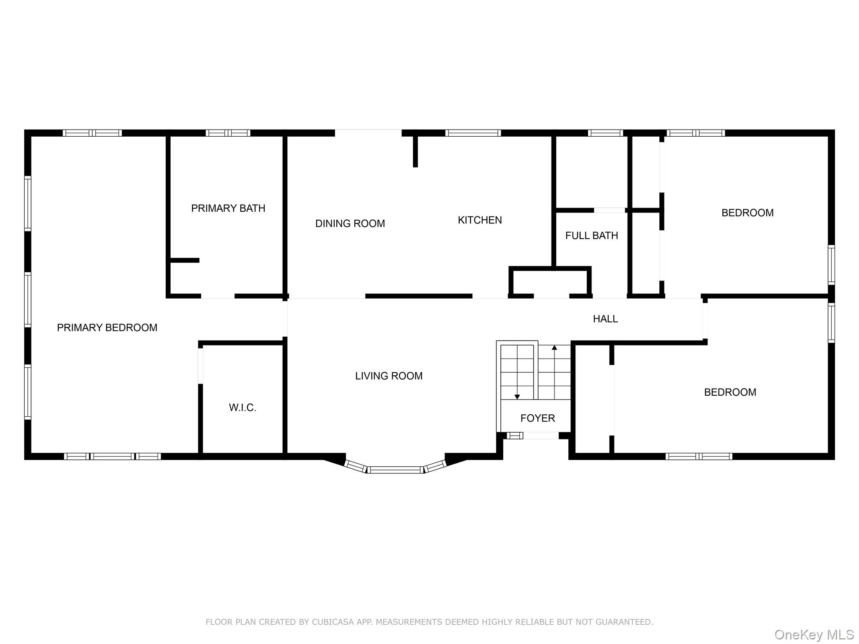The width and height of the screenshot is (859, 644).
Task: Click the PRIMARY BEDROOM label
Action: pyautogui.click(x=107, y=327)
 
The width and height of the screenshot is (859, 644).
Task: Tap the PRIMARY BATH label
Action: pyautogui.click(x=228, y=208)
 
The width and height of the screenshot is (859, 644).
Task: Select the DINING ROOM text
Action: pyautogui.click(x=350, y=223)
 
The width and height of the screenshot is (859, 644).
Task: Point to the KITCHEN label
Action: pyautogui.click(x=479, y=220)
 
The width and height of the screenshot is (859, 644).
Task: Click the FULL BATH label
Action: pyautogui.click(x=591, y=236)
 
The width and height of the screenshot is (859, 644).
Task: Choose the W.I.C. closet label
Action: pyautogui.click(x=242, y=408)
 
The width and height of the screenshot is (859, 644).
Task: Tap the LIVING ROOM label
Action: pyautogui.click(x=388, y=376)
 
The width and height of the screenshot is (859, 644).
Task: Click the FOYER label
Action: pyautogui.click(x=537, y=418)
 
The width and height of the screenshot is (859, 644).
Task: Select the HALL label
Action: pyautogui.click(x=605, y=319)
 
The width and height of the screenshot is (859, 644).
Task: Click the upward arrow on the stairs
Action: pyautogui.click(x=554, y=348)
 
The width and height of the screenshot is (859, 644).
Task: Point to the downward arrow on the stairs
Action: pyautogui.click(x=517, y=397)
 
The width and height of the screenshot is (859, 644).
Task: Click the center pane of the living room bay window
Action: pyautogui.click(x=396, y=470)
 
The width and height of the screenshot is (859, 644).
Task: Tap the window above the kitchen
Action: pyautogui.click(x=473, y=133)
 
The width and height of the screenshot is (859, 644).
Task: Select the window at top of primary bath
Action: pyautogui.click(x=228, y=133)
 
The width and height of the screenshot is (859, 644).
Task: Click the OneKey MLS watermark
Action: pyautogui.click(x=814, y=635)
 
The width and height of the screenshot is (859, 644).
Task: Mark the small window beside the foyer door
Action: pyautogui.click(x=515, y=436)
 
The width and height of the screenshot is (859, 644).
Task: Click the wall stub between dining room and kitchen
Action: pyautogui.click(x=415, y=151)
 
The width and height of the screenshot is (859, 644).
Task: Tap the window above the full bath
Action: pyautogui.click(x=605, y=133)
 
